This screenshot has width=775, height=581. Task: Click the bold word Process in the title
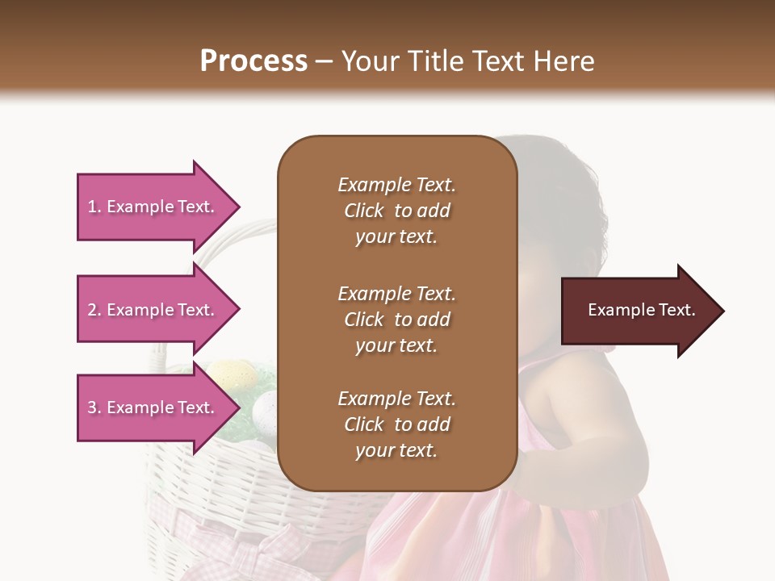click(253, 61)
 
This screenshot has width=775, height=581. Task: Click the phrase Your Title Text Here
click(468, 61)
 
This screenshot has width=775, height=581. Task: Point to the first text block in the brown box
click(396, 211)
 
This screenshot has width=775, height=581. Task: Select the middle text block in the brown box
click(396, 320)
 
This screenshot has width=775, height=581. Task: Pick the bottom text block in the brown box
click(396, 424)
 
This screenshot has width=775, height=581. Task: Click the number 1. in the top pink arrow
click(94, 207)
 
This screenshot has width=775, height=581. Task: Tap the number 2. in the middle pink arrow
click(94, 310)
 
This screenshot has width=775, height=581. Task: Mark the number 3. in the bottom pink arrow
click(94, 408)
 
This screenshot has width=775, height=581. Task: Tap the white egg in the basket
click(265, 409)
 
